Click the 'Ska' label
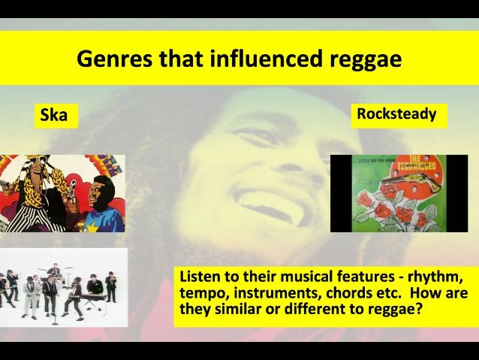tap(55, 116)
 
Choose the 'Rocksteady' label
tap(396, 114)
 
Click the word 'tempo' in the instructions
tap(202, 292)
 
